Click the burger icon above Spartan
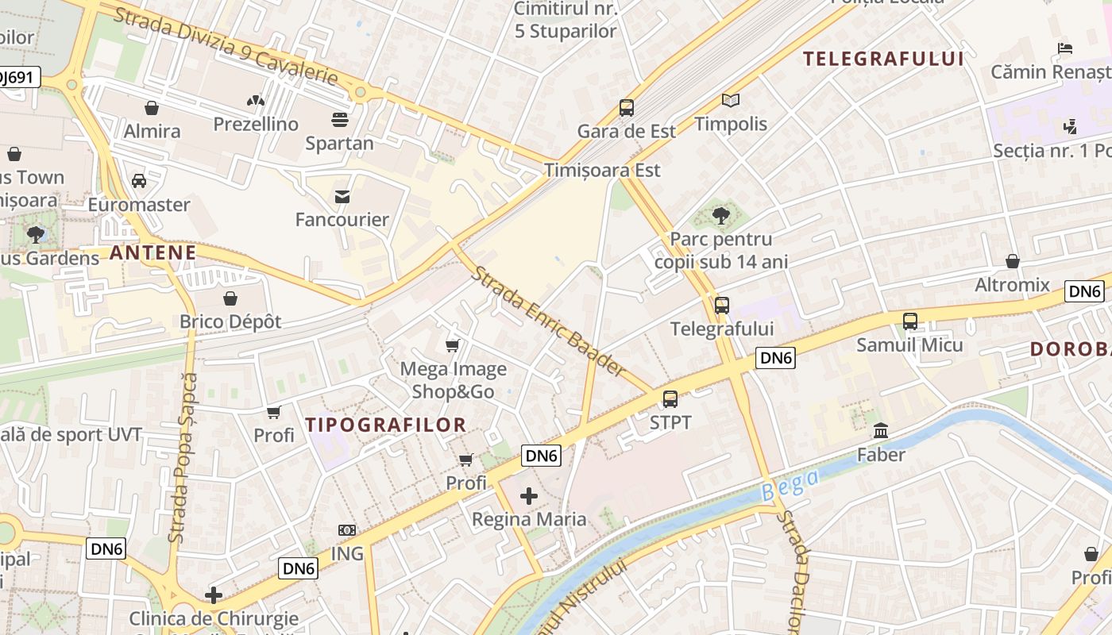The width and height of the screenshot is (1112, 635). tap(340, 120)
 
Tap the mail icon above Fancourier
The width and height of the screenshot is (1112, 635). tap(342, 196)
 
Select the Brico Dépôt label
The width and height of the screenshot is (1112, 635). tap(230, 321)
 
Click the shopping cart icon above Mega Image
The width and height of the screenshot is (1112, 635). tap(453, 345)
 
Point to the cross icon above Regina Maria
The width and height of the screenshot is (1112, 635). tap(529, 497)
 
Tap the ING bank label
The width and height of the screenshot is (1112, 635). tap(347, 553)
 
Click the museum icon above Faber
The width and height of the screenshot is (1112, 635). tap(881, 431)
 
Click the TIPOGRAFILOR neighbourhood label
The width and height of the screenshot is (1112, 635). tap(386, 425)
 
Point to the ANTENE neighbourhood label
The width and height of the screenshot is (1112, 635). tap(153, 253)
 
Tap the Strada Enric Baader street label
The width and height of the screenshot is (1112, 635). tap(548, 320)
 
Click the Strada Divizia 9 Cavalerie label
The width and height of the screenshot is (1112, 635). tap(226, 47)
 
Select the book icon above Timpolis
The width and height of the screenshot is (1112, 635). tap(731, 101)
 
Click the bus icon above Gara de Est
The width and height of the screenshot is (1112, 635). tap(627, 108)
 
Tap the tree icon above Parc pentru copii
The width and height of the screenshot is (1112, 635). tap(721, 215)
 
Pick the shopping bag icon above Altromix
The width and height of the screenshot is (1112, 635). tap(1013, 261)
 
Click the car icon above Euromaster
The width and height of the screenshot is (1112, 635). tap(139, 181)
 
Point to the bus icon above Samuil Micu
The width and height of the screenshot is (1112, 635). tap(910, 321)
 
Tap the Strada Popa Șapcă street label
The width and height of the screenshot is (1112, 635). tap(183, 458)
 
